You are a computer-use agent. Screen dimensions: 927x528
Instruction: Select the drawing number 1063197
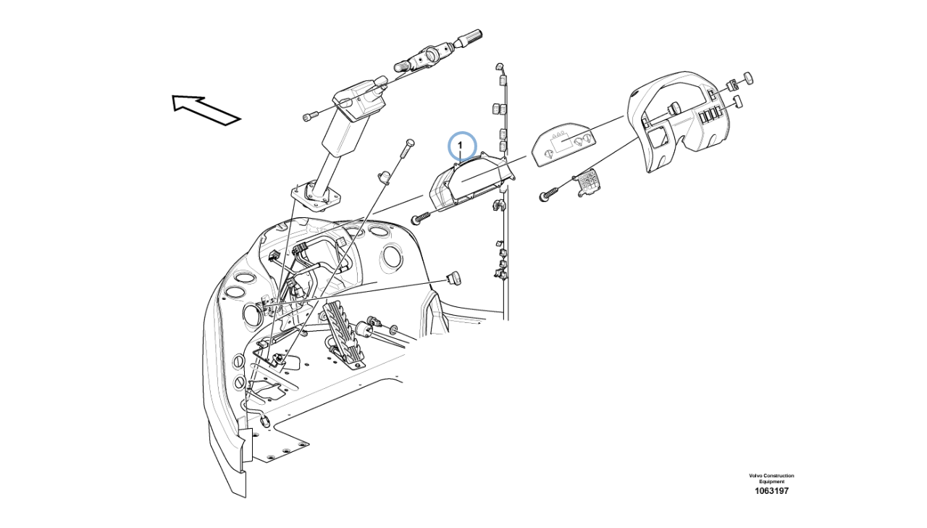(771, 491)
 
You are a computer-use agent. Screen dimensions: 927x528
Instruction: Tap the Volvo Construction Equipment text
(771, 478)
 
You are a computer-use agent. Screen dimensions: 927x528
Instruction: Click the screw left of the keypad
(551, 193)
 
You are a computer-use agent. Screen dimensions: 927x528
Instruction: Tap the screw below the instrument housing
(422, 218)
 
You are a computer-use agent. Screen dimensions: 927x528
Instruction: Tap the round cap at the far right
(748, 77)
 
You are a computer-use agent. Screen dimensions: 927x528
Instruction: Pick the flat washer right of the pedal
(393, 329)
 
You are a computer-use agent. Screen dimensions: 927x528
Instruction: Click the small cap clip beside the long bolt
(385, 177)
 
